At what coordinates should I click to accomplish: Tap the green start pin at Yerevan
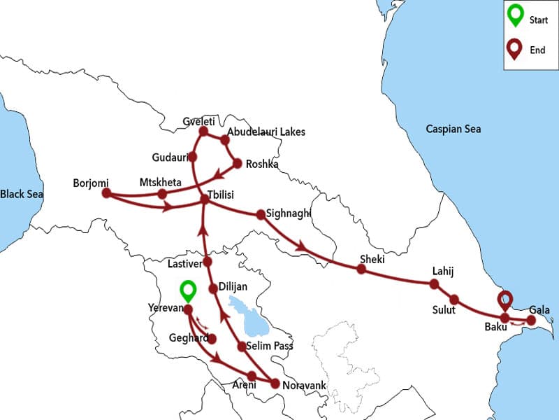187,290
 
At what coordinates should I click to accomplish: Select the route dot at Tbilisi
205,199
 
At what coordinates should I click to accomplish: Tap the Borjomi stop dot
107,193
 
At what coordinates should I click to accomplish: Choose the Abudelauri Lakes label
266,132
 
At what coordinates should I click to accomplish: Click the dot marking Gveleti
203,131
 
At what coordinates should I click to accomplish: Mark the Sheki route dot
361,269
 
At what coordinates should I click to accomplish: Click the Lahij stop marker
434,283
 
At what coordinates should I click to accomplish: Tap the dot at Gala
530,321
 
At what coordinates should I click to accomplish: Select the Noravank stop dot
275,384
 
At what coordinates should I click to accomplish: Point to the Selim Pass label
270,346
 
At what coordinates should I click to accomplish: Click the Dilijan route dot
213,288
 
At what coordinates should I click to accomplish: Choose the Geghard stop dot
212,339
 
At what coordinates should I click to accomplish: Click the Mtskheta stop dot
162,194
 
